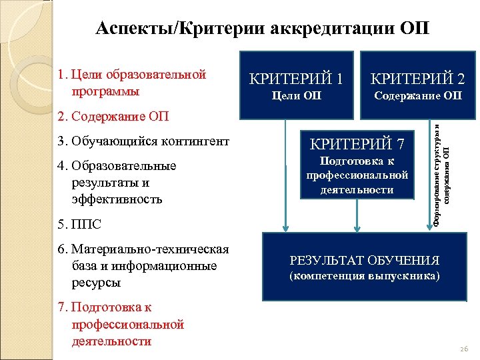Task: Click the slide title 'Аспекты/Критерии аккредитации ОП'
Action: click(x=263, y=29)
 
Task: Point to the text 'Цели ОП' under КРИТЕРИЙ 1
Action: click(x=297, y=97)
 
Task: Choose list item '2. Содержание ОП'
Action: click(x=113, y=117)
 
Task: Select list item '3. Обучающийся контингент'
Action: click(x=143, y=141)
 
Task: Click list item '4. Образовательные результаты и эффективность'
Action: click(x=120, y=182)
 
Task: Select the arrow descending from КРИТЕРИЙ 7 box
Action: click(x=357, y=213)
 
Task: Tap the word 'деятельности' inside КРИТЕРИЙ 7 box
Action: click(x=357, y=190)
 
